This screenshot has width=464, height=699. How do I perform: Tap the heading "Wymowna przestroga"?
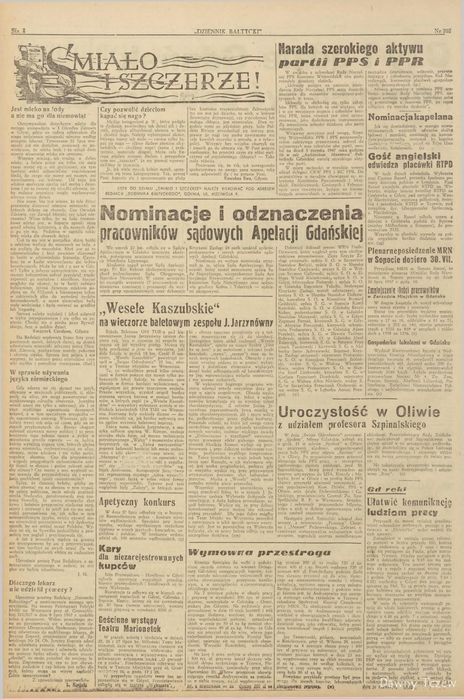(260, 552)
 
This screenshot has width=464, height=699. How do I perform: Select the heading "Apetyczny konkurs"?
(137, 502)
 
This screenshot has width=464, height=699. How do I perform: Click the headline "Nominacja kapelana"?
(410, 116)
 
